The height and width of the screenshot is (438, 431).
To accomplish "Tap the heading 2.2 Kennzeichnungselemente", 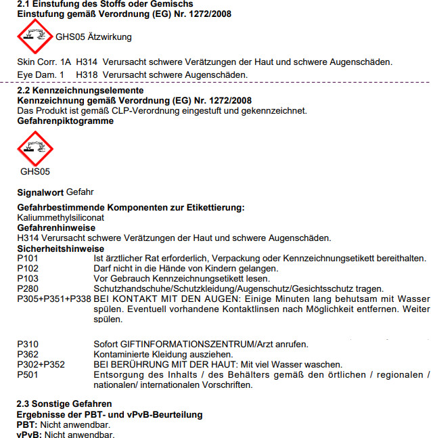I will tap(80, 90).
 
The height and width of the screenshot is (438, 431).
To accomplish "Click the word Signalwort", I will tap(40, 192).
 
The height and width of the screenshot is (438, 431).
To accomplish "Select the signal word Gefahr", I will tap(81, 192).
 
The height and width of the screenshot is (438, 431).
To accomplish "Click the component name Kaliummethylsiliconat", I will tap(60, 218).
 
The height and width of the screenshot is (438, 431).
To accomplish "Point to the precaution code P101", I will tap(28, 258).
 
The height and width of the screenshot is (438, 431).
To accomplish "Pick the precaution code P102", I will tap(28, 268).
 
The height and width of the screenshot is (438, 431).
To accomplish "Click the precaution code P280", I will tap(28, 288).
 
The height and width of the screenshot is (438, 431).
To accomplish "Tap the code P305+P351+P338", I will tap(53, 299).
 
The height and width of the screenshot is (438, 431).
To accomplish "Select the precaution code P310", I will tap(28, 344).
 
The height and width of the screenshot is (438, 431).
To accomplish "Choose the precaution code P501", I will tap(28, 374).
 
